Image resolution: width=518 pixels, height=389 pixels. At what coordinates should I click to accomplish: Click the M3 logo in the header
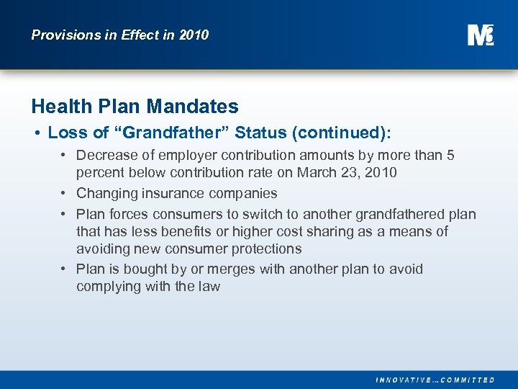pos(480,35)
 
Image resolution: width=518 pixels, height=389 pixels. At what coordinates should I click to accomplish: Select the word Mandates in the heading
pos(192,107)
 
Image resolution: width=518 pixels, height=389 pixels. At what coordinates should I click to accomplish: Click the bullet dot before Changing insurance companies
pos(64,193)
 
